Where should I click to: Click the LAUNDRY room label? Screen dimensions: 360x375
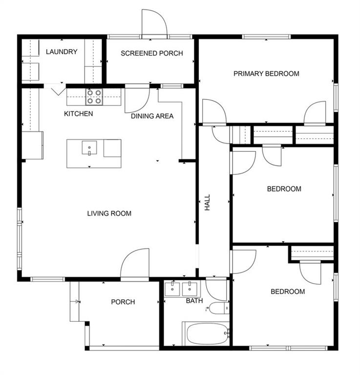62,52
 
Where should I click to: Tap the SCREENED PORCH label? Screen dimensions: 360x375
151,53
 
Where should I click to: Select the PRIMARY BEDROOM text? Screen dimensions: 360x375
266,73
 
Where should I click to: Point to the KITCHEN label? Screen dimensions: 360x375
79,114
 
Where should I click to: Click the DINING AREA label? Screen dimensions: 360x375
152,116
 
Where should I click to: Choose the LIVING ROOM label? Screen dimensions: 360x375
109,213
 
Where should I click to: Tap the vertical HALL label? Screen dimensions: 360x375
207,202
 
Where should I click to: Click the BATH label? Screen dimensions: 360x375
194,301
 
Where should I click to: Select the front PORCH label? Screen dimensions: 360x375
123,302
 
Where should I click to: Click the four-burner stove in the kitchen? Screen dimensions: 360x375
94,97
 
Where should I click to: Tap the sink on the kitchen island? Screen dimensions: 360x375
89,148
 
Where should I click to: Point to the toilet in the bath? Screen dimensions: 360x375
219,308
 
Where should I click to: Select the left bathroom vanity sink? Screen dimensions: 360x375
172,289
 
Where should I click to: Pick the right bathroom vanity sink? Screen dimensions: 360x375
190,289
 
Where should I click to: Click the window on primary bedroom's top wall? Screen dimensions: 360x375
266,37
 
